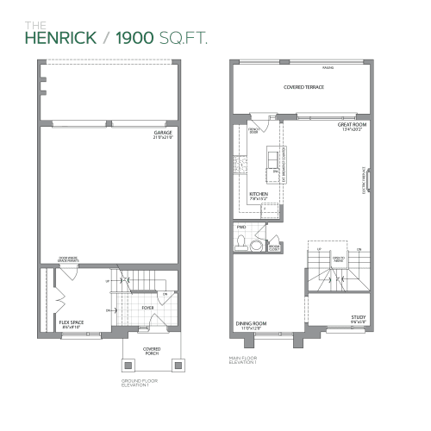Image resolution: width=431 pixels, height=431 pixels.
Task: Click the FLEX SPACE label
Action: click(x=70, y=323)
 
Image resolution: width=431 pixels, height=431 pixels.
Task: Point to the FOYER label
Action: click(x=148, y=305)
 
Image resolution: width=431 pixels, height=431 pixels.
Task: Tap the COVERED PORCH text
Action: click(x=152, y=352)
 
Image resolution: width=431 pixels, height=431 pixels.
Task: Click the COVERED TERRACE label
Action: click(x=303, y=87)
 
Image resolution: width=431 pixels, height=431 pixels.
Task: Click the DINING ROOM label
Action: click(x=252, y=324)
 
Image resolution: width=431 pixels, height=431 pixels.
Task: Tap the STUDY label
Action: click(x=359, y=318)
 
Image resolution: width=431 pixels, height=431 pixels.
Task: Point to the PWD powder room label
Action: click(x=241, y=228)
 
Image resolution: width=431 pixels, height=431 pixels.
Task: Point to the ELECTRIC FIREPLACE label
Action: click(x=365, y=180)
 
